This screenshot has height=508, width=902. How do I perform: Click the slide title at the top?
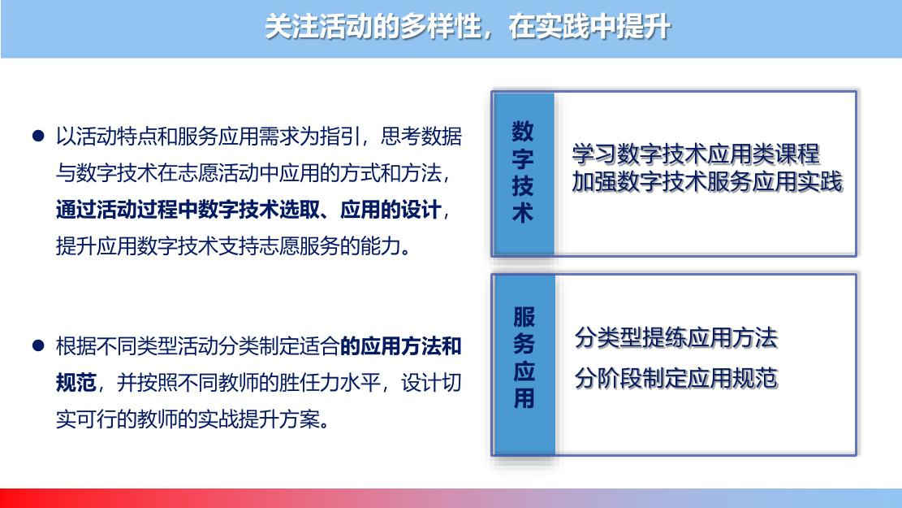pyautogui.click(x=467, y=27)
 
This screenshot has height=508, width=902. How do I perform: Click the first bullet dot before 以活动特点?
pyautogui.click(x=38, y=136)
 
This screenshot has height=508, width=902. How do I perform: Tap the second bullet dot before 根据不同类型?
pyautogui.click(x=38, y=345)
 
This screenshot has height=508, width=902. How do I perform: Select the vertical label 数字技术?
pyautogui.click(x=522, y=172)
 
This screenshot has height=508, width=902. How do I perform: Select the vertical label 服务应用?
pyautogui.click(x=524, y=358)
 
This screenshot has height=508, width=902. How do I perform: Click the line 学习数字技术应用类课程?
pyautogui.click(x=696, y=154)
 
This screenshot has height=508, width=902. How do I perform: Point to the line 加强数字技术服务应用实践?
pyautogui.click(x=707, y=181)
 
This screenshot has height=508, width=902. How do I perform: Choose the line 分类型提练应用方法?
pyautogui.click(x=676, y=337)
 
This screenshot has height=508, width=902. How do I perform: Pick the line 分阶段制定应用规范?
pyautogui.click(x=676, y=379)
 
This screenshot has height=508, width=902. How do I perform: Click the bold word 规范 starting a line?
pyautogui.click(x=76, y=383)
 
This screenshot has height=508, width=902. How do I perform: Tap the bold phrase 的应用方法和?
pyautogui.click(x=401, y=346)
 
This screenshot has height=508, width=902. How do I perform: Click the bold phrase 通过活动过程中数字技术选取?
pyautogui.click(x=188, y=210)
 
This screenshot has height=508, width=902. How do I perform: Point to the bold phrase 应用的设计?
pyautogui.click(x=391, y=210)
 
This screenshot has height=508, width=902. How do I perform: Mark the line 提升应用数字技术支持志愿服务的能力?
pyautogui.click(x=234, y=246)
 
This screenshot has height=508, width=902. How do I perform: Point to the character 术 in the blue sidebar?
pyautogui.click(x=522, y=212)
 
